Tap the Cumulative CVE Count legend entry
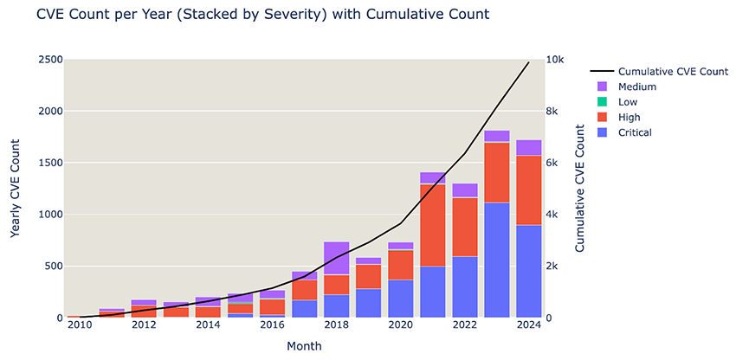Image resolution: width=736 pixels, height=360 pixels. [x=672, y=71]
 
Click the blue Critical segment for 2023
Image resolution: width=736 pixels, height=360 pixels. [x=496, y=260]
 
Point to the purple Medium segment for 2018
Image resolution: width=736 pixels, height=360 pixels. [x=336, y=258]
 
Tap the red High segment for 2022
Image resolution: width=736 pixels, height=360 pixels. [x=464, y=227]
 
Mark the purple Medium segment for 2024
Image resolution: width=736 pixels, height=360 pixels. [x=528, y=148]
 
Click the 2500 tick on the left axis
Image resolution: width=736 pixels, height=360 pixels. [x=48, y=60]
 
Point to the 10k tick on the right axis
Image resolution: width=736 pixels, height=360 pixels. [x=558, y=60]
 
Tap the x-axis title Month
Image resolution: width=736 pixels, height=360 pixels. [x=304, y=346]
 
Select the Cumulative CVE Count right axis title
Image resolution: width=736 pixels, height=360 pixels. [x=580, y=188]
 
